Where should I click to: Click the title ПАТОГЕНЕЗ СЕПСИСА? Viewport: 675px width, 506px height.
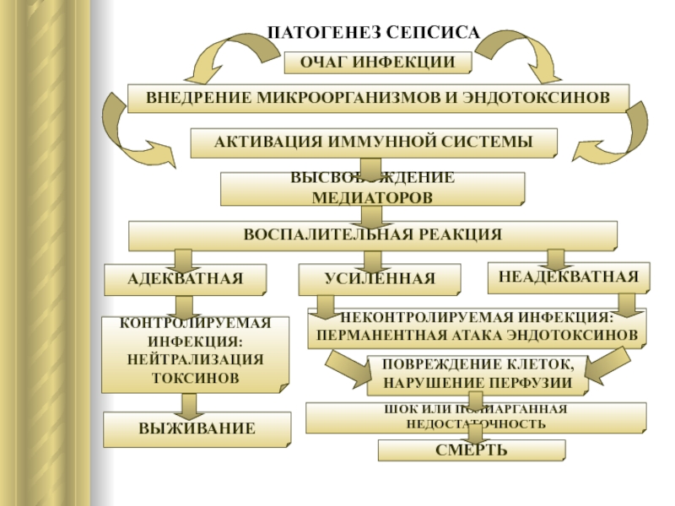(373, 33)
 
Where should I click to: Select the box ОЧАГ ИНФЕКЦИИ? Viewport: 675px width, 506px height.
(377, 63)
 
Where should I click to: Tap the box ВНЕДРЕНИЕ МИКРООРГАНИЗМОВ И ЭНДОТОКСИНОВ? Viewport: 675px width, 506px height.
(377, 98)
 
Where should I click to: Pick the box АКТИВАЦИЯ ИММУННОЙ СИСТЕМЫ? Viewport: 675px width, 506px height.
(374, 143)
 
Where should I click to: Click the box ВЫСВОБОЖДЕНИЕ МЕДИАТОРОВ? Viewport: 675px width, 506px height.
(372, 188)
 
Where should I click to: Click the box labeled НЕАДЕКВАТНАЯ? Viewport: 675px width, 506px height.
(568, 277)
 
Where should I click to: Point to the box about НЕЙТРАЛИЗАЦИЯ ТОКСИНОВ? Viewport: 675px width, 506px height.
(195, 353)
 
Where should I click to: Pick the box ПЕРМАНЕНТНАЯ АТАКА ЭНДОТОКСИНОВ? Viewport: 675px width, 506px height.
(477, 327)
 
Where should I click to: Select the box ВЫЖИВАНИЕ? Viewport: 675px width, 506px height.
(197, 428)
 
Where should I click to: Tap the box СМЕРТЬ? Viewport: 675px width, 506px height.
(471, 450)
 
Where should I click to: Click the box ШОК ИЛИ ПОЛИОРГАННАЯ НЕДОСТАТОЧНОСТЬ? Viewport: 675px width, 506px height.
(477, 417)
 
